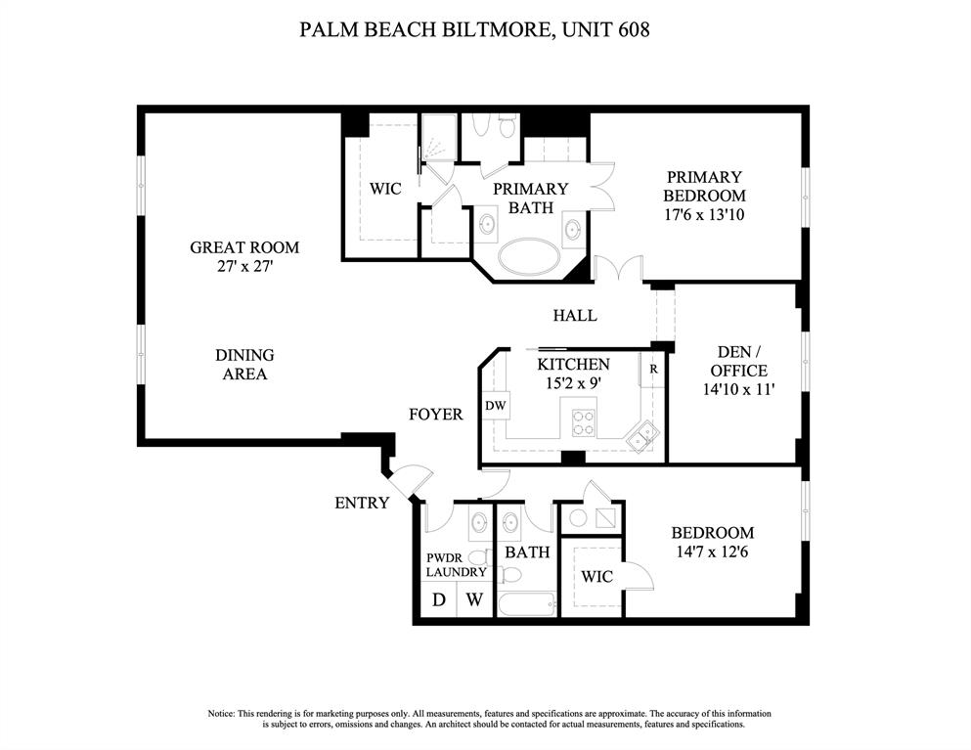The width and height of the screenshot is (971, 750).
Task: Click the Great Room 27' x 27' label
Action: (244, 256)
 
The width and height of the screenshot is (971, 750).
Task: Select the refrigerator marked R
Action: (653, 371)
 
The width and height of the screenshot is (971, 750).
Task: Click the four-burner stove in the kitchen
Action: (584, 421)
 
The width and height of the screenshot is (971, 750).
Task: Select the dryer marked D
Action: (439, 599)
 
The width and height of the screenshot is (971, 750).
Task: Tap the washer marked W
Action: (473, 599)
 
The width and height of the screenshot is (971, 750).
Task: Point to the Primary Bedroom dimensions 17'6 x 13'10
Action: (705, 214)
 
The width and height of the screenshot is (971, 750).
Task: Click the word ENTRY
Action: (362, 504)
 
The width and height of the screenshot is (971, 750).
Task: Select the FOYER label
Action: (435, 415)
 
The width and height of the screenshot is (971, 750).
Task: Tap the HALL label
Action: (574, 316)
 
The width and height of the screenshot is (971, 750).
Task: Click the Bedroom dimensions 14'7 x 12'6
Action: (712, 551)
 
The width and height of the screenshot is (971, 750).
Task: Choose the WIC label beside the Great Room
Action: (385, 189)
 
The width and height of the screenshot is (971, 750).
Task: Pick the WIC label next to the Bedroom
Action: (596, 576)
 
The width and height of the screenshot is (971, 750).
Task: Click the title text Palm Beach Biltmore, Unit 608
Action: (474, 29)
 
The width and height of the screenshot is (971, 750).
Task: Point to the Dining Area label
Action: (244, 364)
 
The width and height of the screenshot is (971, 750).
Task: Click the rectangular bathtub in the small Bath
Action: (525, 600)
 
